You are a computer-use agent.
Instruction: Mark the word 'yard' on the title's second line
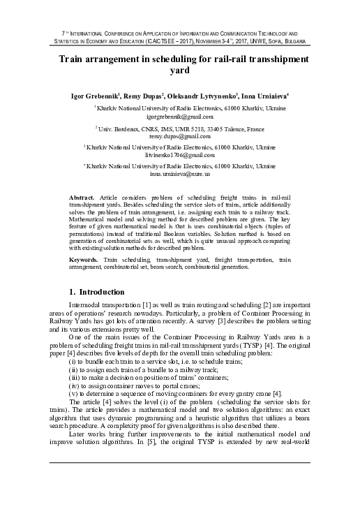pyautogui.click(x=180, y=71)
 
